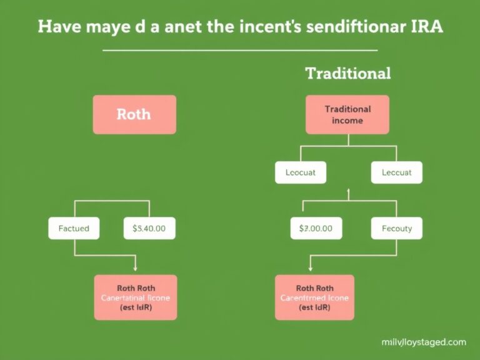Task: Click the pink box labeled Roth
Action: click(134, 114)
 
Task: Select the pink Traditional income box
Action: click(347, 114)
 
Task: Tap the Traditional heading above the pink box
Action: click(347, 73)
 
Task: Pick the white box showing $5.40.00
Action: click(149, 229)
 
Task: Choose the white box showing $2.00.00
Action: click(316, 229)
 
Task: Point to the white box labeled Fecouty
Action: click(396, 229)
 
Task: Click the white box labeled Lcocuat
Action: click(301, 172)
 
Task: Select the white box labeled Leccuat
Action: click(396, 172)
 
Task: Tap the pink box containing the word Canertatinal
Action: click(136, 297)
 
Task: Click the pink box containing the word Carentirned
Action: click(314, 297)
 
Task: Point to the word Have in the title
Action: click(60, 28)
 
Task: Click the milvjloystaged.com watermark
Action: click(423, 342)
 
